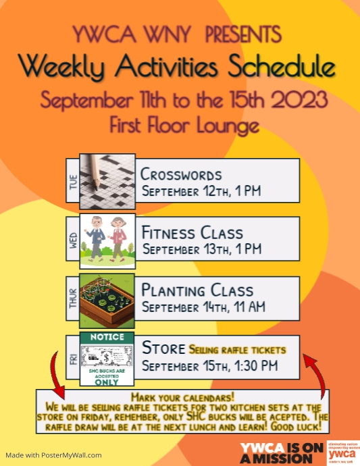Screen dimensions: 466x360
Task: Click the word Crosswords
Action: click(181, 174)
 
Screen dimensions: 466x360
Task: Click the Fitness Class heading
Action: click(192, 233)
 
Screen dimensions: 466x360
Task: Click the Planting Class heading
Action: click(197, 291)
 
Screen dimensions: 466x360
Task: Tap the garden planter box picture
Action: click(107, 301)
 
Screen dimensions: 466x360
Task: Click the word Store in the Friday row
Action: click(163, 348)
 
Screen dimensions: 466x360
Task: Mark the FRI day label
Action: click(73, 360)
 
